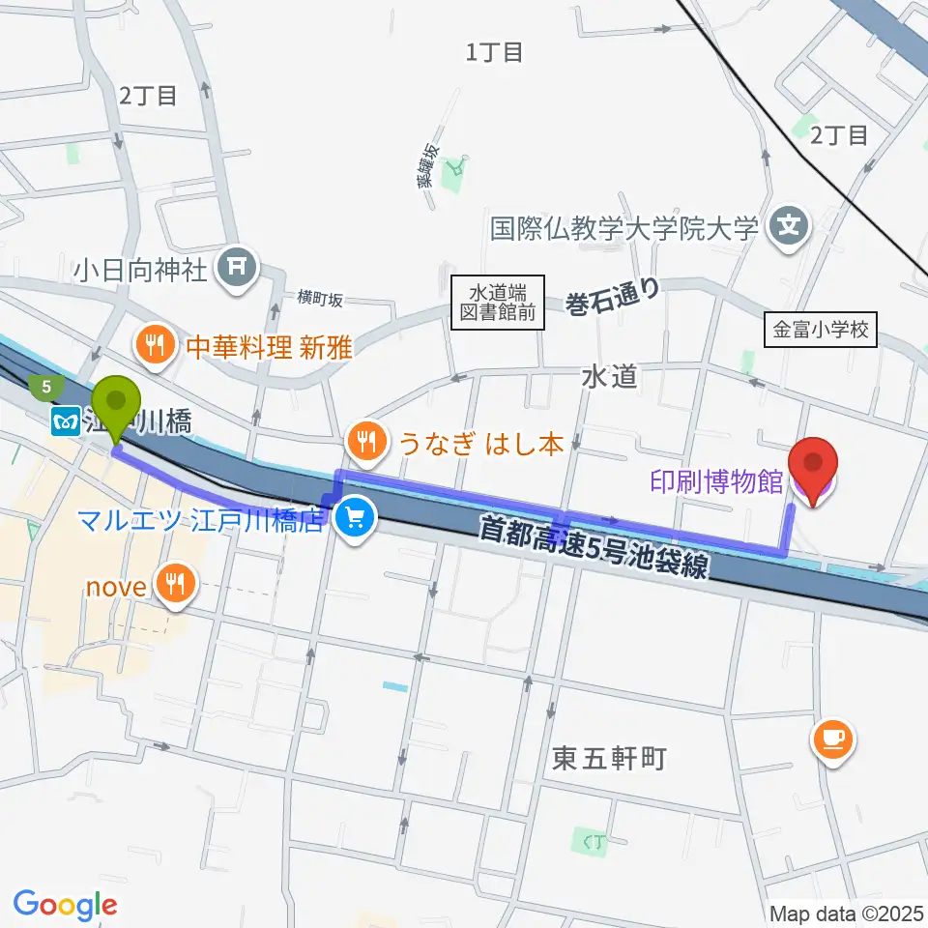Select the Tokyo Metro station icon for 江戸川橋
66,421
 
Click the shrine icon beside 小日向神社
236,268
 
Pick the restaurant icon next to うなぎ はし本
365,443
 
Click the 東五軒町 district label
609,759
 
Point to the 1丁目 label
494,53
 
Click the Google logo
66,905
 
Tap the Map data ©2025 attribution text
846,913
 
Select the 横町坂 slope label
321,299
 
